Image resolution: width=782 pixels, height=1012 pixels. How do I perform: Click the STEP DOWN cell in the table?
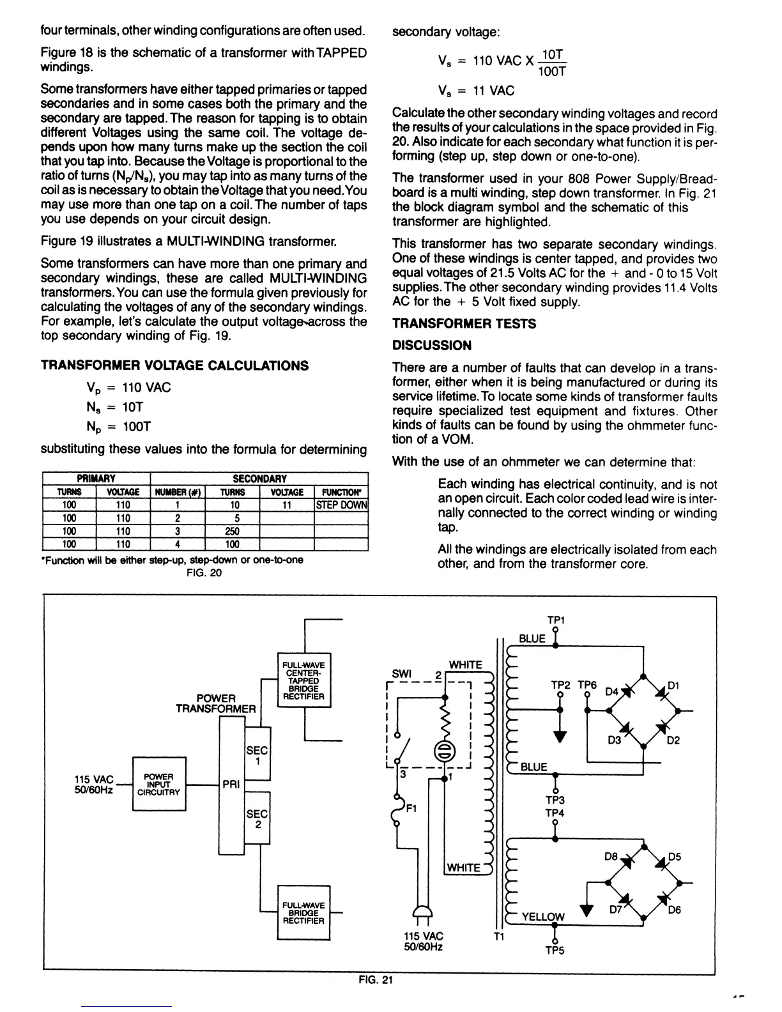[x=342, y=505]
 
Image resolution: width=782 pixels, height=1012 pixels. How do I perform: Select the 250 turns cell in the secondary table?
[x=232, y=531]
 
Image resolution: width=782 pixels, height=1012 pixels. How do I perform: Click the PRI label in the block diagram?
[x=231, y=784]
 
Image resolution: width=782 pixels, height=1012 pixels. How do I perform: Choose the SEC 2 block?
[x=257, y=819]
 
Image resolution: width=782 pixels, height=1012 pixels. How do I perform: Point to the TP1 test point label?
[x=556, y=620]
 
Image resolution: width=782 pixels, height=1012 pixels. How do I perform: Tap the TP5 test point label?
[x=555, y=950]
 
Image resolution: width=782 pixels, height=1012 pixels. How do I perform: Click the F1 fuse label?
[x=413, y=808]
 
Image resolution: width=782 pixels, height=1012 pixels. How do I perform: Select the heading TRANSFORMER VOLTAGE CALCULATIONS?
[x=174, y=365]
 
